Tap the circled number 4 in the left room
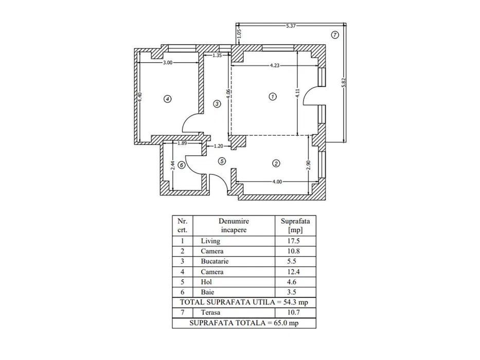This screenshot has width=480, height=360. [167, 98]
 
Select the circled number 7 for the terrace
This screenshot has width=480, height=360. [335, 35]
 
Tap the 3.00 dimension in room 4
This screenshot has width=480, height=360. [168, 62]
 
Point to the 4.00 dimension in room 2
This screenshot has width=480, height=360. [277, 181]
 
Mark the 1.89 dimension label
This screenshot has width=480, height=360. [182, 143]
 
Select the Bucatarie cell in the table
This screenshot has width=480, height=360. [215, 262]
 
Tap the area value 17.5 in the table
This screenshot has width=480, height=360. [295, 241]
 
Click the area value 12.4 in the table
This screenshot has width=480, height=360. [295, 272]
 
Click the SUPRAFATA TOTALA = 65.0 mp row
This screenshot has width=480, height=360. [243, 323]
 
